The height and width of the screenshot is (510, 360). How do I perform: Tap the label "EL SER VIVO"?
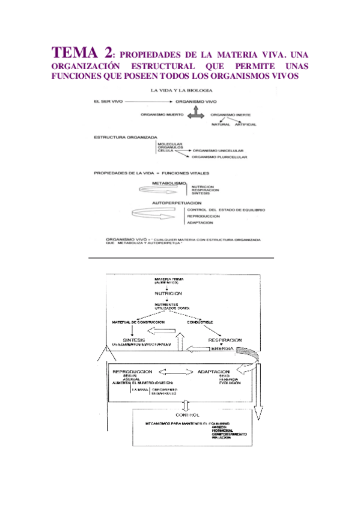coord(108,102)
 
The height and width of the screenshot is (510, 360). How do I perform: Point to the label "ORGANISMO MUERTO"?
coord(162,113)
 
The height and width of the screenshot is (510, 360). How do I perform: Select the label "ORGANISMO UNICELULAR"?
coord(218,150)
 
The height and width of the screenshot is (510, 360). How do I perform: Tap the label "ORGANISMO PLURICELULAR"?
coord(220,158)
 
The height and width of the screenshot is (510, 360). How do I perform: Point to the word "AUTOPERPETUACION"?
coord(174,203)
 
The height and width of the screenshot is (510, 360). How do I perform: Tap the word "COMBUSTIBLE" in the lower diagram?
coord(200,322)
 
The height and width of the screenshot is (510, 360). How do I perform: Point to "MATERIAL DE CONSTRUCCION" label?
coord(139,322)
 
